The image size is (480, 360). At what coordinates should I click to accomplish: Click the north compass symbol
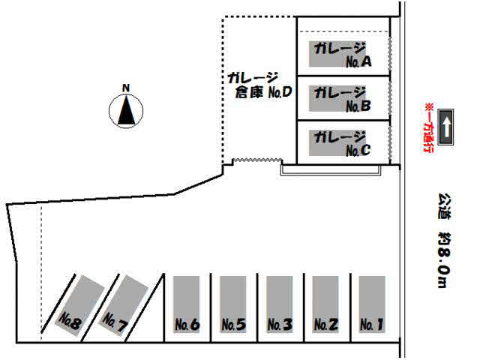pyautogui.click(x=127, y=112)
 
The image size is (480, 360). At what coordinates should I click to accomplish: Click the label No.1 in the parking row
pyautogui.click(x=372, y=325)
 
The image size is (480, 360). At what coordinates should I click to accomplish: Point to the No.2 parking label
pyautogui.click(x=326, y=325)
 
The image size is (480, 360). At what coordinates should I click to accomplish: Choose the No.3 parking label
pyautogui.click(x=280, y=325)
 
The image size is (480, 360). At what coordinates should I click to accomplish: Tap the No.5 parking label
pyautogui.click(x=233, y=325)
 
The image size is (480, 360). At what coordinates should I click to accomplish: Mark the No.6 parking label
pyautogui.click(x=187, y=325)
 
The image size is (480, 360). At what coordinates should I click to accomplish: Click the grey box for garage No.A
pyautogui.click(x=342, y=53)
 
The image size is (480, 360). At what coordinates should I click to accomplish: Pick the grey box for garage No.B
pyautogui.click(x=342, y=98)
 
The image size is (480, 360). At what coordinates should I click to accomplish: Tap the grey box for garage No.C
pyautogui.click(x=342, y=142)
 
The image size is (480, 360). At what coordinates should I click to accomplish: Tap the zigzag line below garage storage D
pyautogui.click(x=257, y=160)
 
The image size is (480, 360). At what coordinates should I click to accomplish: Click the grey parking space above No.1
pyautogui.click(x=372, y=296)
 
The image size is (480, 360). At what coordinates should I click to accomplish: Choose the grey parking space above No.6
pyautogui.click(x=187, y=296)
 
